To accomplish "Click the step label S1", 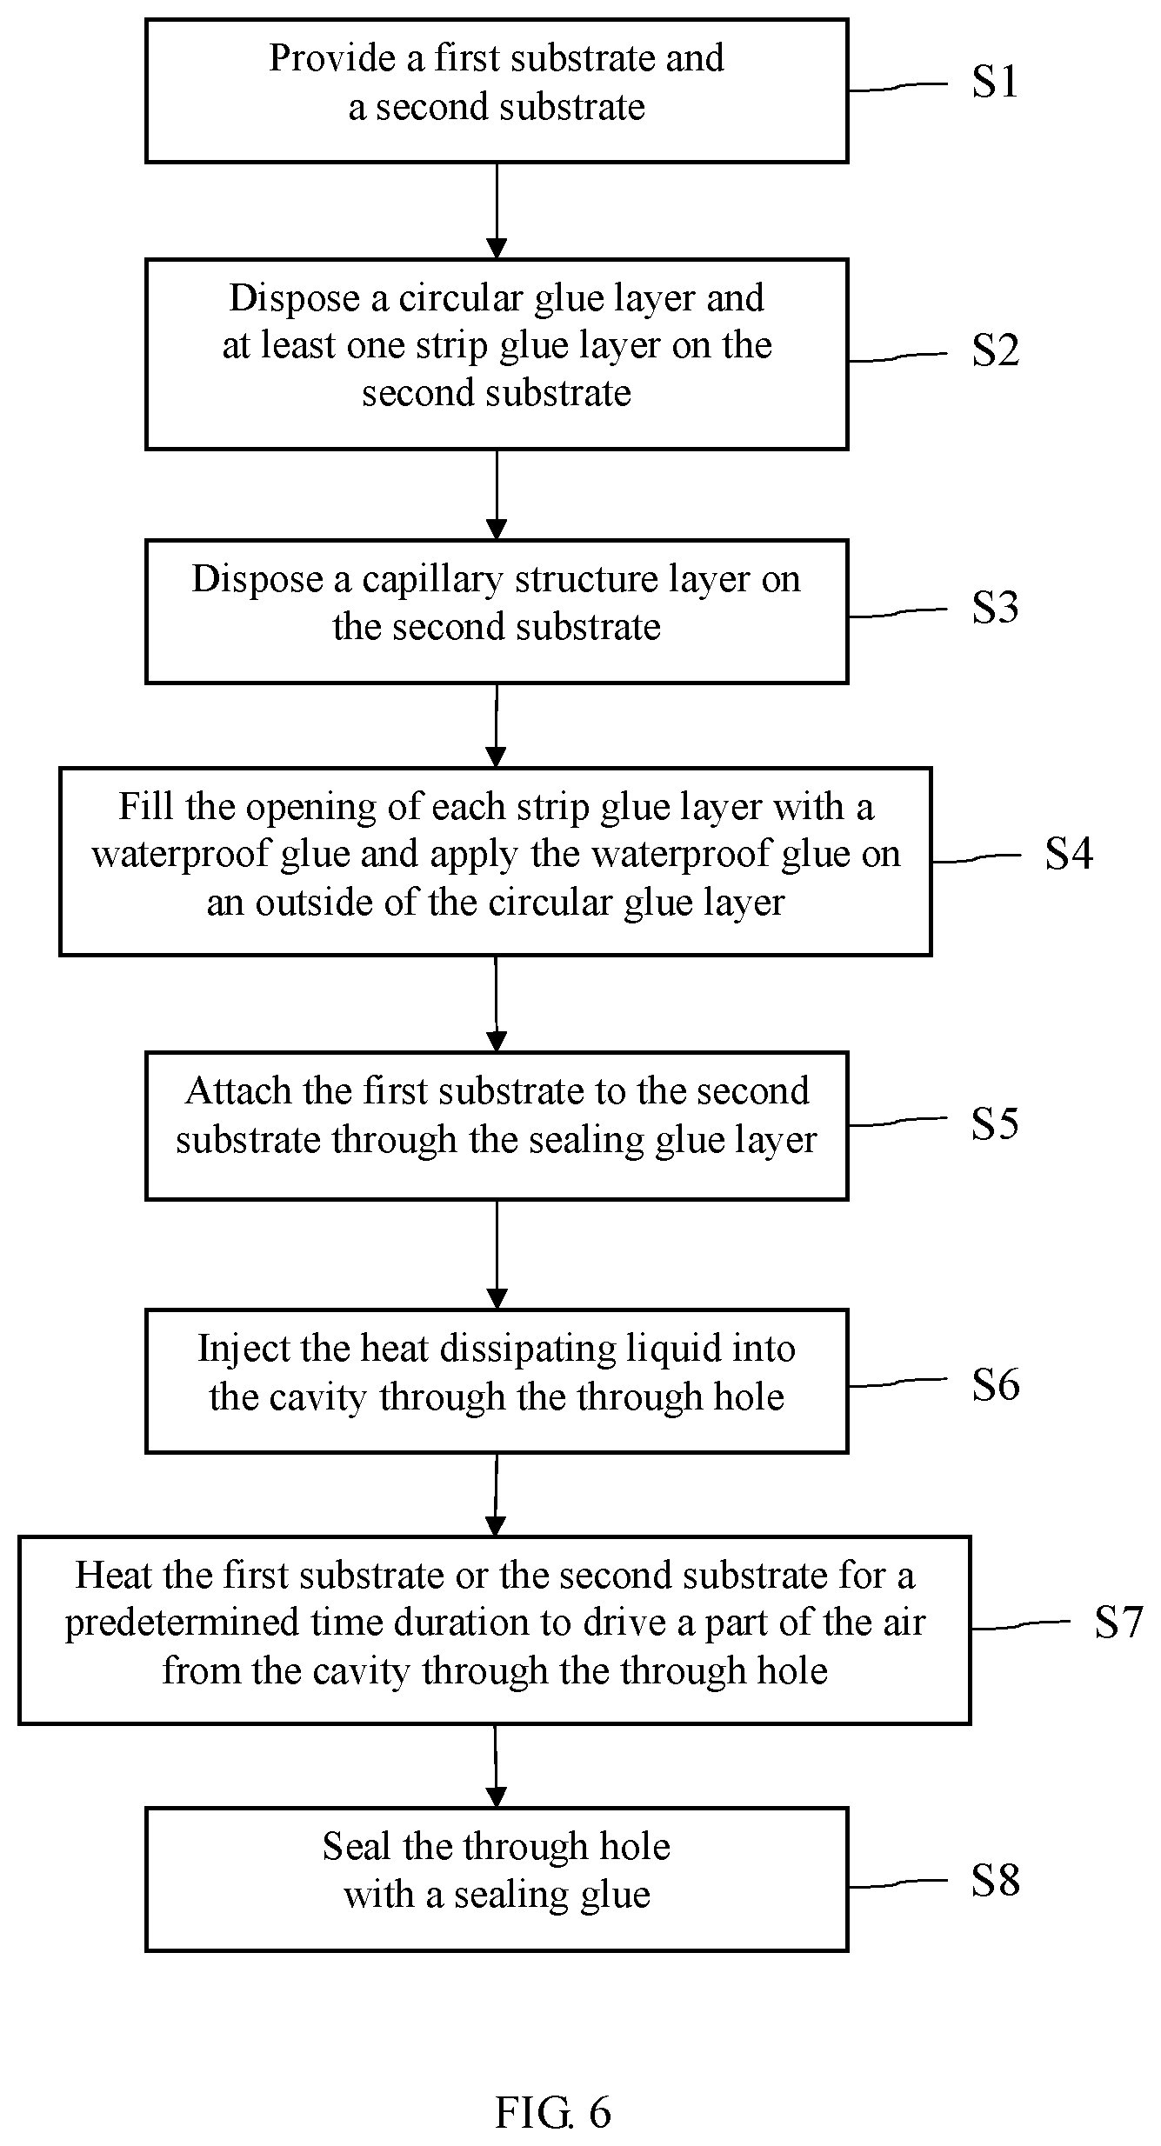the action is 995,82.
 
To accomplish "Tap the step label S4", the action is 1069,853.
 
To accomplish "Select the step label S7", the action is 1118,1622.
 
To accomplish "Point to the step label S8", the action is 995,1880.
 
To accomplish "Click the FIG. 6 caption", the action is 553,2111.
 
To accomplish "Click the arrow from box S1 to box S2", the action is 497,210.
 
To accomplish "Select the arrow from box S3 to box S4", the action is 496,725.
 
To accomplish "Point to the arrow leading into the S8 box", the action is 496,1765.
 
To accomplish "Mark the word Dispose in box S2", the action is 294,299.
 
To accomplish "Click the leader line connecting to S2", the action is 897,357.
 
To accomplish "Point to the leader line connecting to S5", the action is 897,1122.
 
